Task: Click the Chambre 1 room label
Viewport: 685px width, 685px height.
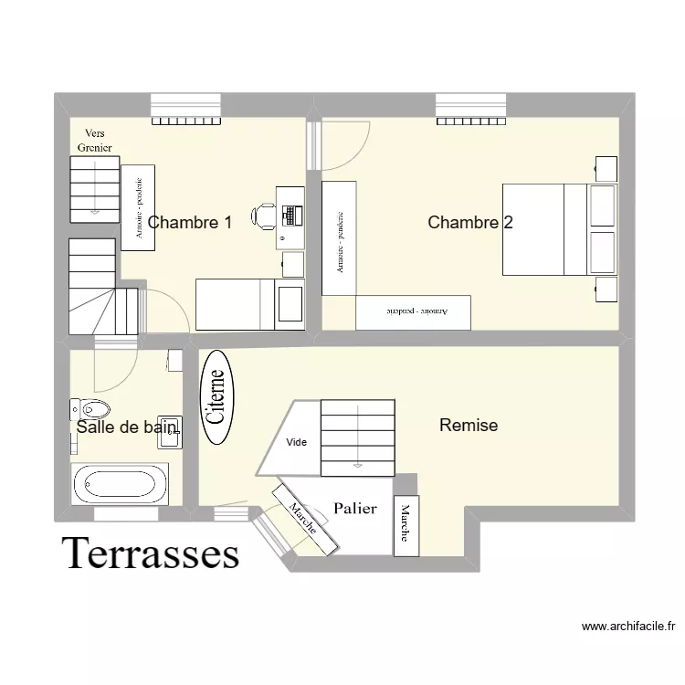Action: pos(189,222)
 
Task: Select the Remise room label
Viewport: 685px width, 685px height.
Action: pos(468,425)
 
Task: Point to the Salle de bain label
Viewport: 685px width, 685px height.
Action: pos(126,427)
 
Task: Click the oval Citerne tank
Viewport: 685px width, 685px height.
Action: pos(216,397)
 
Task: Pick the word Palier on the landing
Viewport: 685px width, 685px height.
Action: pos(355,509)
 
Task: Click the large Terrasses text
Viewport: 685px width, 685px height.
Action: pos(151,553)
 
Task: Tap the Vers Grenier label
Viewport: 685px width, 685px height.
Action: pos(94,140)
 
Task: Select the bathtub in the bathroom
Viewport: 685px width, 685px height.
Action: pos(120,482)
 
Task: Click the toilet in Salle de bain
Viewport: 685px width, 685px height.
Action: pos(90,407)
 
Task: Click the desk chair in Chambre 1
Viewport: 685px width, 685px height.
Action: pos(265,216)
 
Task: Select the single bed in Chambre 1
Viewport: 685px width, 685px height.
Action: pos(249,303)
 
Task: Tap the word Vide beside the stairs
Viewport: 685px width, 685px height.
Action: pos(297,442)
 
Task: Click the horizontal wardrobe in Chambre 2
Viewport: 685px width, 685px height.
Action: pos(413,311)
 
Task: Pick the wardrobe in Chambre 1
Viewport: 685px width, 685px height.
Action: pos(138,206)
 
